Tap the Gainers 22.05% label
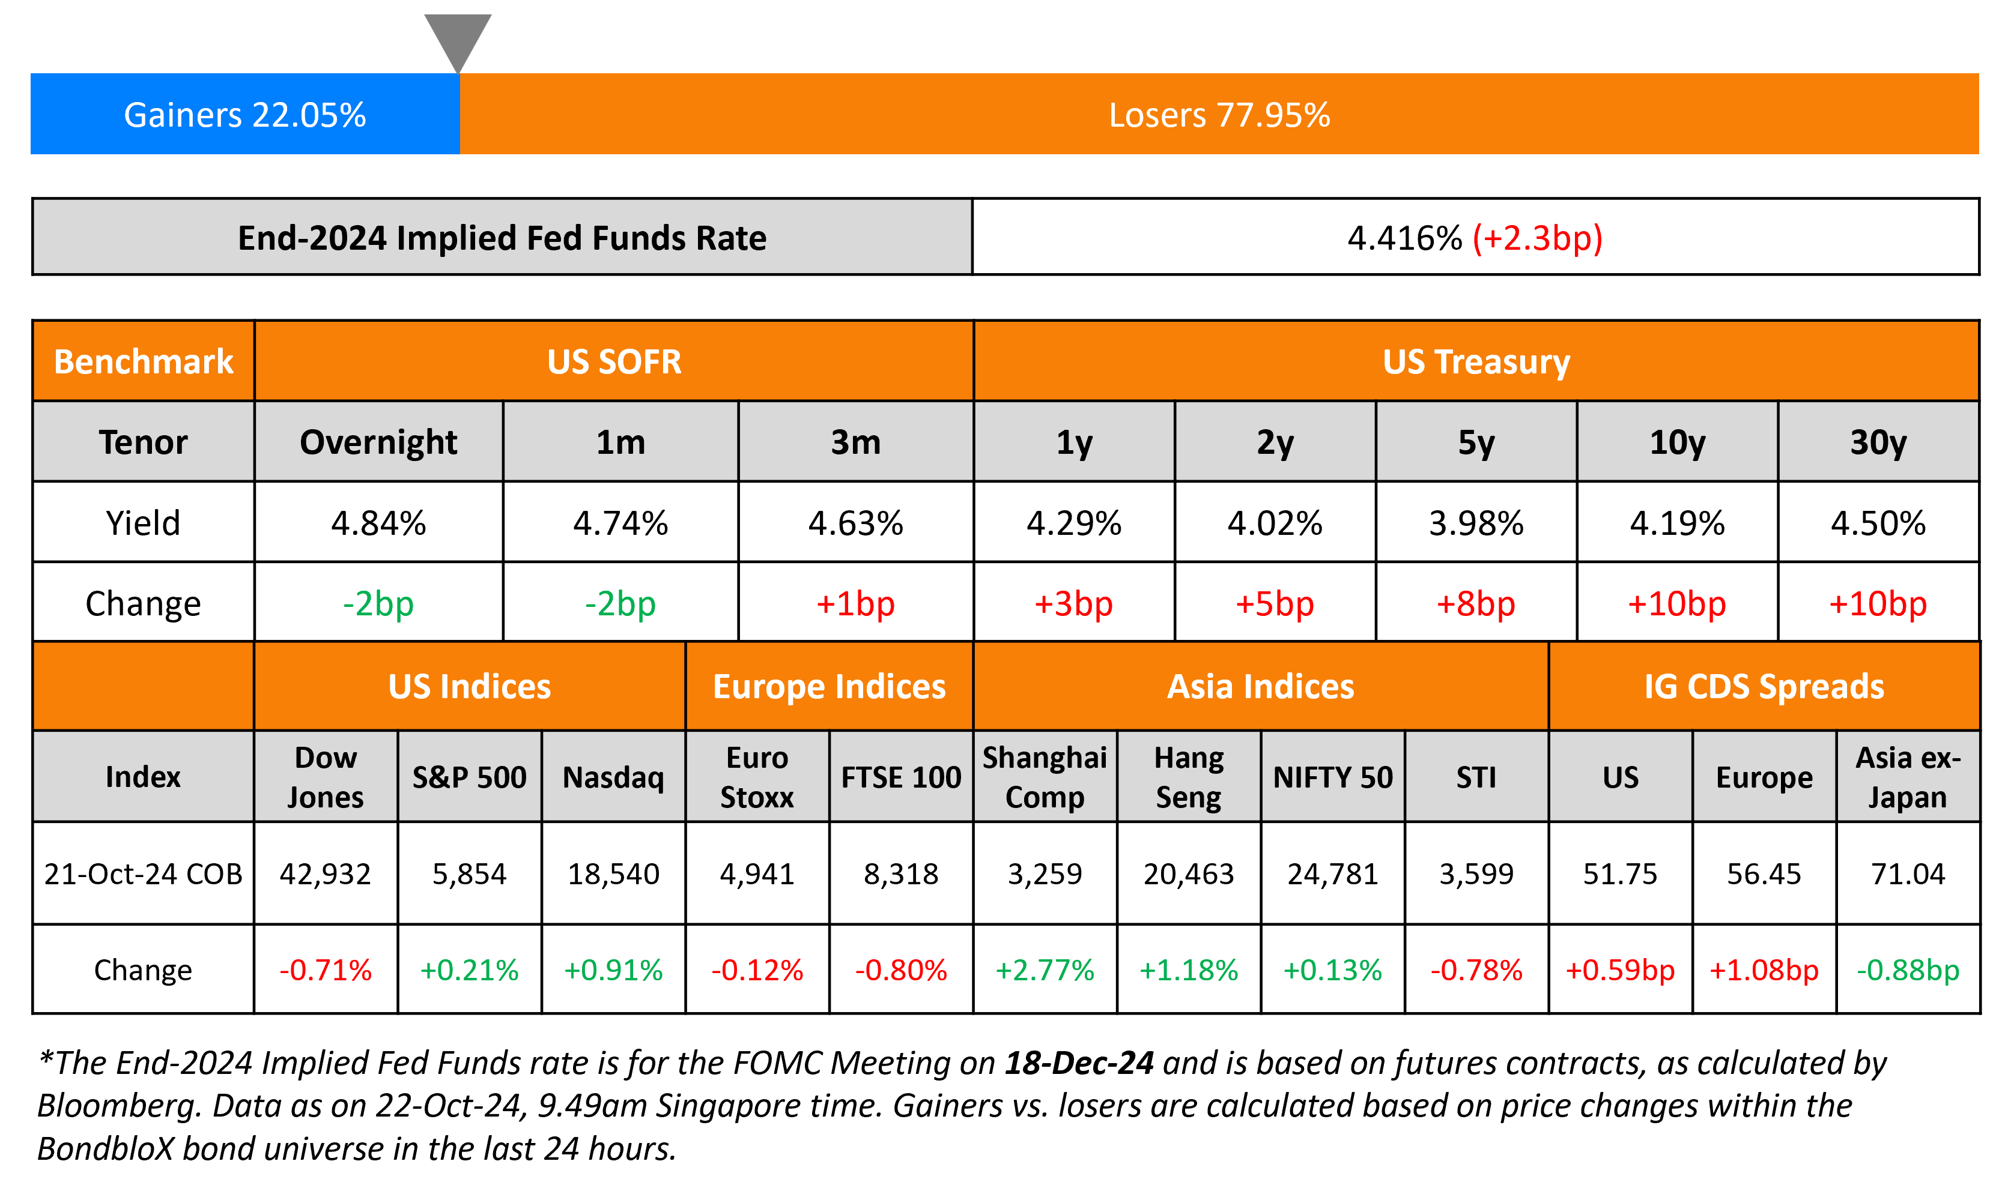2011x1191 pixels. click(245, 115)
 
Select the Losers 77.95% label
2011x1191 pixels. click(1219, 115)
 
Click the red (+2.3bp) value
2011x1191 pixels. click(1537, 238)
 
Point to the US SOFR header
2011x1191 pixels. click(614, 362)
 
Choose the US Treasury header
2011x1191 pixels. click(1476, 362)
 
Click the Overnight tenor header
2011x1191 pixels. click(378, 442)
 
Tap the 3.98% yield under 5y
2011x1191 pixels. click(1476, 523)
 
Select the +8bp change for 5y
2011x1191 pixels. click(1476, 603)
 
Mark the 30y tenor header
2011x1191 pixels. click(1878, 442)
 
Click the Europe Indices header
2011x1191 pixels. click(830, 687)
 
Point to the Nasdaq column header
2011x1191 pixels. click(613, 777)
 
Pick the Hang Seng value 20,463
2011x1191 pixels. click(1188, 874)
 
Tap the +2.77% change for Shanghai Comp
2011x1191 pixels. click(1045, 970)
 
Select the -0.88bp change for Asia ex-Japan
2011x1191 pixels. click(1908, 970)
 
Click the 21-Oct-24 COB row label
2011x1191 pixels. click(143, 874)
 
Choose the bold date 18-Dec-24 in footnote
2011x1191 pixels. click(1079, 1063)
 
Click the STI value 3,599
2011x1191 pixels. click(1476, 874)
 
